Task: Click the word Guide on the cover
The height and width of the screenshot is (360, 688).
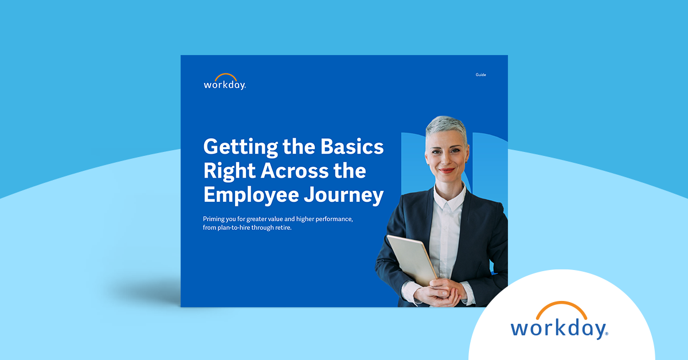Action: [480, 75]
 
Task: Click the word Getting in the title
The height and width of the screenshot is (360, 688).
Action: [236, 147]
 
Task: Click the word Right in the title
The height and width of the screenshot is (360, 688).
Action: [226, 171]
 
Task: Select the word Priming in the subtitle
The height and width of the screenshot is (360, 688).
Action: [216, 219]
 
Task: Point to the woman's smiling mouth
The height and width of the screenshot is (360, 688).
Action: [447, 170]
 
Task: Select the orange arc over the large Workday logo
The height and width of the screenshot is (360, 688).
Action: [559, 310]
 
